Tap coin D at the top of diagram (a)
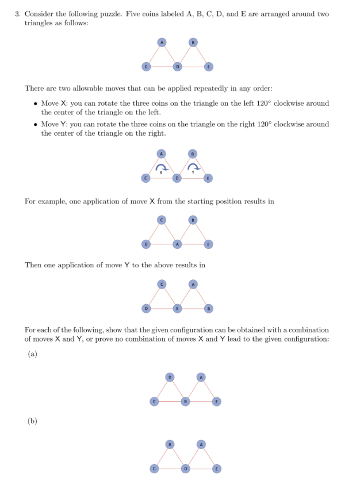point(170,377)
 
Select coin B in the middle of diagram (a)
point(185,401)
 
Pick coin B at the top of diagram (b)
point(170,444)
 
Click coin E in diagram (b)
point(217,468)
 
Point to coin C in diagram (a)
point(154,401)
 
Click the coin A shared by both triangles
point(178,244)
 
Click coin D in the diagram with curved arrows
point(178,179)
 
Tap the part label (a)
point(32,354)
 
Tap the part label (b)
point(32,421)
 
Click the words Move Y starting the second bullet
point(53,124)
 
